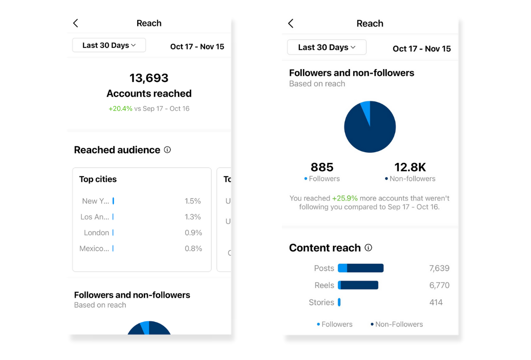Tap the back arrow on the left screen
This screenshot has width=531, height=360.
tap(76, 23)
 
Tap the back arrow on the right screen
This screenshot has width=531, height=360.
tap(291, 23)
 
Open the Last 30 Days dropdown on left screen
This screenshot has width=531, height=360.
tap(109, 45)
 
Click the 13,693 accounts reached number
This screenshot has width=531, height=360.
tap(149, 78)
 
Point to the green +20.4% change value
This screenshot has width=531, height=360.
tap(120, 108)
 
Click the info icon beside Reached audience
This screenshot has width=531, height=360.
tap(167, 150)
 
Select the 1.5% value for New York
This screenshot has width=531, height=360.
tap(192, 201)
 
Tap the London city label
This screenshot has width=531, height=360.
tap(96, 232)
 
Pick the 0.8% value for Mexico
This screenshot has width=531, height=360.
tap(193, 248)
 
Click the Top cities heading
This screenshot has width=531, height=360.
tap(98, 179)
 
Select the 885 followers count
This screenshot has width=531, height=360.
tap(322, 167)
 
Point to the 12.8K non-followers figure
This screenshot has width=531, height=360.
tap(410, 167)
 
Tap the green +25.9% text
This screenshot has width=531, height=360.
tap(345, 198)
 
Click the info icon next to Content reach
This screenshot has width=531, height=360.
tap(368, 248)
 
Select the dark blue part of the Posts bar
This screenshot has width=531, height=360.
tap(365, 268)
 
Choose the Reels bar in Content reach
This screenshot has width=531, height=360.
tap(358, 285)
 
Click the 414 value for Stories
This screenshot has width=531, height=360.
tap(436, 302)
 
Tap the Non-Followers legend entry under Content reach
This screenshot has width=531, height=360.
tap(396, 324)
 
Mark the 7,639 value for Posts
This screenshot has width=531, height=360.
tap(439, 268)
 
